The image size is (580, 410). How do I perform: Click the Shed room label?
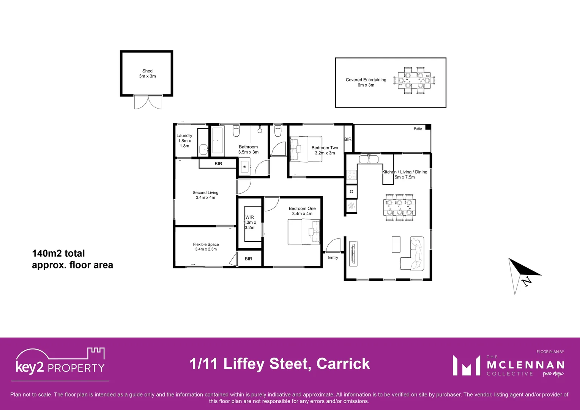tap(147, 74)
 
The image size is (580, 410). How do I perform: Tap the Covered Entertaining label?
tap(366, 82)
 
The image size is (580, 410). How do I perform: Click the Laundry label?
tap(184, 140)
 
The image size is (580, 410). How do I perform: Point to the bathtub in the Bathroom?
tap(217, 140)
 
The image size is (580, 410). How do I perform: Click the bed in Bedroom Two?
tap(306, 149)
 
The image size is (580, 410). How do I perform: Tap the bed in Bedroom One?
tap(304, 232)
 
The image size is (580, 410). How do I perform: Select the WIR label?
tap(250, 222)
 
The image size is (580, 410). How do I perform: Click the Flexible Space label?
tap(206, 247)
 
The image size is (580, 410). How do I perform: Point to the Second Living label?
tap(205, 195)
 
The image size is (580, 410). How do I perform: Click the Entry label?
tap(333, 257)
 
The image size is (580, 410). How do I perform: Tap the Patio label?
tap(418, 129)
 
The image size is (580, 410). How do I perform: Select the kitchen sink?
tap(368, 159)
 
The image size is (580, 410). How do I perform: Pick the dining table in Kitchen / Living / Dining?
tap(399, 207)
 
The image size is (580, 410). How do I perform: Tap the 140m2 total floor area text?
tap(72, 259)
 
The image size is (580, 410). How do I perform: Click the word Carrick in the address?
tap(343, 364)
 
